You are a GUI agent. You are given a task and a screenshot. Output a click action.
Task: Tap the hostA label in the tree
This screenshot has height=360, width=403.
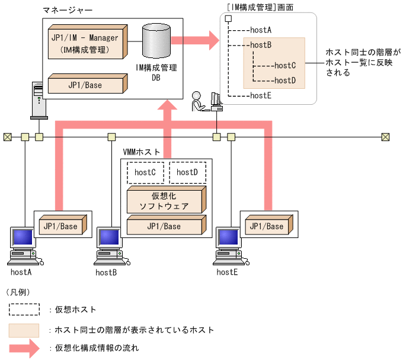[x=261, y=29]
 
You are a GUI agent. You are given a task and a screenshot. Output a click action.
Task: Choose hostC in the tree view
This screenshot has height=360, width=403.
[x=285, y=66]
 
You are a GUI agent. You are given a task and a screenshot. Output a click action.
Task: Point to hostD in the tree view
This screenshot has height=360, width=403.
[x=285, y=80]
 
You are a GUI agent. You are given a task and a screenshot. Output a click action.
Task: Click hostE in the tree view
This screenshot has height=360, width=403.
[x=261, y=95]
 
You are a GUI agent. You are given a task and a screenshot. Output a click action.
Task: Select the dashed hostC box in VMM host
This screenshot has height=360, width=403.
[x=145, y=172]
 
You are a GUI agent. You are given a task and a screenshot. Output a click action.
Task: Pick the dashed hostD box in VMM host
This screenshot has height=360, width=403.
[x=187, y=172]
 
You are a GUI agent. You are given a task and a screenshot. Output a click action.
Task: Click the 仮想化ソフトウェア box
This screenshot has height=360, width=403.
[x=165, y=201]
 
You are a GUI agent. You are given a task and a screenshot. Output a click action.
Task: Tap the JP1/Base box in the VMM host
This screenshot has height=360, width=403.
[x=167, y=227]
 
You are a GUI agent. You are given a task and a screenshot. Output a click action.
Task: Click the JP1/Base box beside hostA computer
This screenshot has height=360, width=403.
[x=62, y=226]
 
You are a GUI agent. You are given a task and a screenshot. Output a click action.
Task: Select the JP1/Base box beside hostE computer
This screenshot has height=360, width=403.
[x=266, y=226]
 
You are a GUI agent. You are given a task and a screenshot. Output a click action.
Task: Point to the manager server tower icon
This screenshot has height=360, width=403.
[x=38, y=100]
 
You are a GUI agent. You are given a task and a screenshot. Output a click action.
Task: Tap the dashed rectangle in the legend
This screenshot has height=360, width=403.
[x=24, y=309]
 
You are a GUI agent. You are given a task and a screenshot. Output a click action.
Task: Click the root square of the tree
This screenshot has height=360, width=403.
[x=228, y=18]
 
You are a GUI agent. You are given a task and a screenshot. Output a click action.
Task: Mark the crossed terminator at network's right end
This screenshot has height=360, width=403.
[x=386, y=137]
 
